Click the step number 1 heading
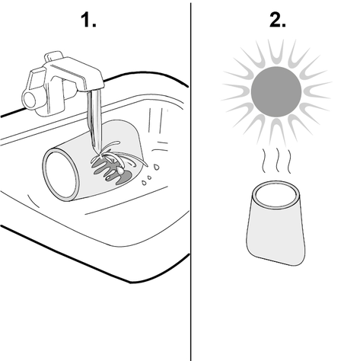[x=88, y=20]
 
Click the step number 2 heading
[x=278, y=20]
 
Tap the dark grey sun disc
[x=276, y=91]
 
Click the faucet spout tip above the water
[x=96, y=87]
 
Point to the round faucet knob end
[x=30, y=100]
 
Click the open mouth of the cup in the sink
[x=61, y=174]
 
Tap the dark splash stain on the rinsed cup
[x=112, y=170]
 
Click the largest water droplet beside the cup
[x=157, y=167]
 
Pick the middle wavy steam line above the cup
[x=278, y=161]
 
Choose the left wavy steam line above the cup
[x=264, y=161]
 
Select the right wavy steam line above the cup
[x=289, y=161]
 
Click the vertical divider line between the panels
[x=190, y=182]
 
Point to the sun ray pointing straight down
[x=276, y=133]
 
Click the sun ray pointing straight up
[x=276, y=52]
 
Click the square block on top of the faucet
[x=53, y=56]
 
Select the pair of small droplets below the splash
[x=147, y=180]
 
